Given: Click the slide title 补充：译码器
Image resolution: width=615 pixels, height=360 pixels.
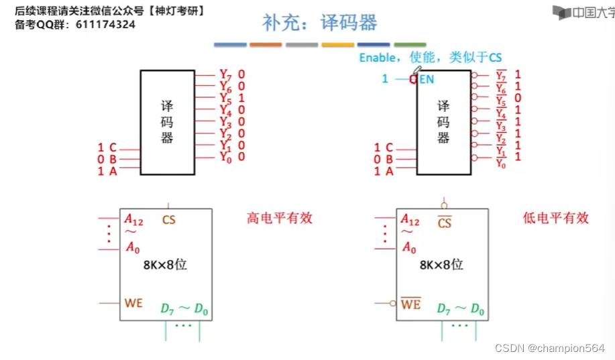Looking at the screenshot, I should [x=319, y=23].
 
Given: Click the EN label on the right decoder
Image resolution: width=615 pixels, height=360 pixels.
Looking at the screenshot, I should [x=427, y=79].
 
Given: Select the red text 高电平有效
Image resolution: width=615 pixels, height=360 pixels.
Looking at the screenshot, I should [x=280, y=218].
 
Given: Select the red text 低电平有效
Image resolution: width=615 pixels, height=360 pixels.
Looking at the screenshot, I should [x=555, y=218].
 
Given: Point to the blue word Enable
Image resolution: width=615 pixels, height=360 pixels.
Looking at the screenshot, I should [x=377, y=58].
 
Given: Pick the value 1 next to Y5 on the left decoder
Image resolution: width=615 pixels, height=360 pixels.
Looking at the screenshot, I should [x=241, y=97].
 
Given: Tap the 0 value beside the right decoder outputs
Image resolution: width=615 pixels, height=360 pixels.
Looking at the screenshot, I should [x=518, y=98].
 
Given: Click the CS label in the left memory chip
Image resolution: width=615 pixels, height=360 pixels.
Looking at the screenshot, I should [x=169, y=219].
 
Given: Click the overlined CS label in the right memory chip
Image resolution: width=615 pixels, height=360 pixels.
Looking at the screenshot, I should [x=445, y=222].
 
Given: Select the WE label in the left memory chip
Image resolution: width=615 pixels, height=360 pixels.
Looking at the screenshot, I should [x=133, y=304].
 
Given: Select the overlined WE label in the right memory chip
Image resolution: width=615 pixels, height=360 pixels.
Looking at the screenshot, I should [x=410, y=304].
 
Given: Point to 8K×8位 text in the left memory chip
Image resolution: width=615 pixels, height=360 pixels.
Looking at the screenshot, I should [x=165, y=264].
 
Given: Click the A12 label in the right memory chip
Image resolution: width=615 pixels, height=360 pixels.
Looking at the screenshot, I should [x=410, y=219].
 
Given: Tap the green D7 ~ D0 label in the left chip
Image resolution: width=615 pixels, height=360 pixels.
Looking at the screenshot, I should [x=184, y=309].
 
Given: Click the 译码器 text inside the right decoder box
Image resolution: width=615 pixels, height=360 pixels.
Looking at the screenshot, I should [x=443, y=121].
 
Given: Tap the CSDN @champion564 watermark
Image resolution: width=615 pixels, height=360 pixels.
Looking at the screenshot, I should [x=549, y=349].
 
